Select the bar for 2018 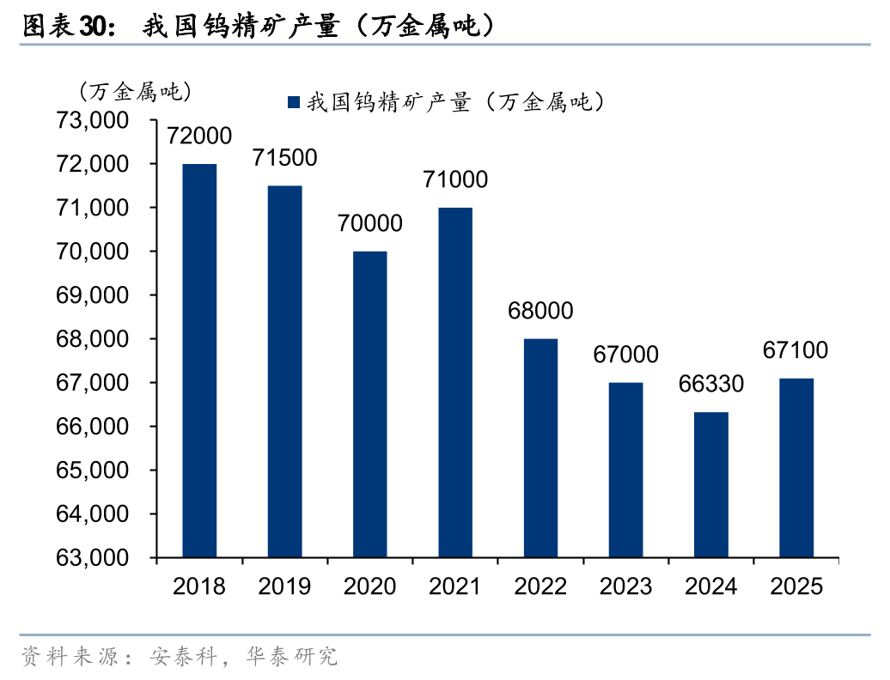click(199, 361)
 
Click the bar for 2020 click(369, 404)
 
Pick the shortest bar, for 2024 click(710, 485)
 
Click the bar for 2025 click(796, 468)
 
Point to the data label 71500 click(284, 158)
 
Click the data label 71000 click(455, 179)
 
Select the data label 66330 click(710, 385)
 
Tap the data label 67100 click(796, 350)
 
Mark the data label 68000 click(540, 311)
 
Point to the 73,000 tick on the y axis click(92, 120)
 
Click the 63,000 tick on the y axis click(92, 558)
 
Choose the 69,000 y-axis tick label click(92, 295)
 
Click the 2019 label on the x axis click(284, 586)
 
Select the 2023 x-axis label click(625, 586)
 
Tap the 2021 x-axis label click(455, 586)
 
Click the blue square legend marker click(293, 103)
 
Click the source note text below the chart click(180, 658)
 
